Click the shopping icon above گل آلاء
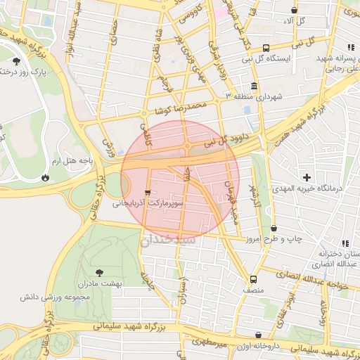tap(294, 10)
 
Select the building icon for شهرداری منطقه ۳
tap(254, 86)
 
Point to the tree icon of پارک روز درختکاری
tap(16, 62)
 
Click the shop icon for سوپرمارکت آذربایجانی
tap(146, 193)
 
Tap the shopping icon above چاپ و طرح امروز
tap(274, 229)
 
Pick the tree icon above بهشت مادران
tap(98, 272)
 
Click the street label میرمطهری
tap(210, 342)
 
